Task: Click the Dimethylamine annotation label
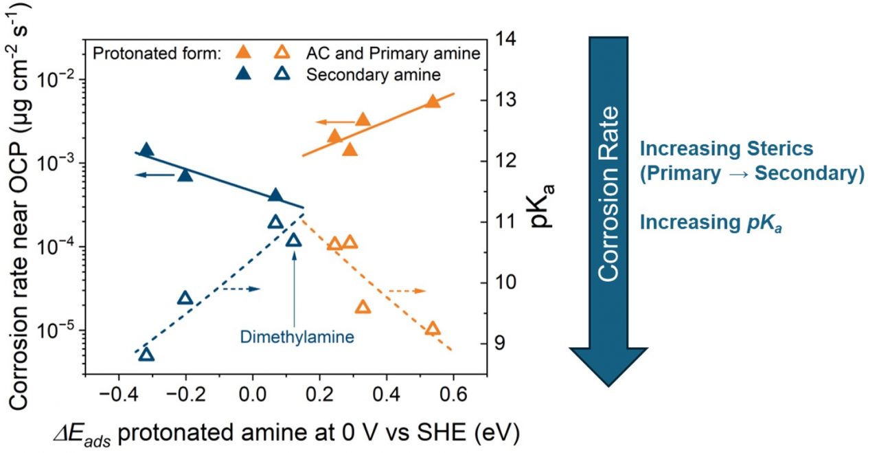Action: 297,337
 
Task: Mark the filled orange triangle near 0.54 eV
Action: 433,101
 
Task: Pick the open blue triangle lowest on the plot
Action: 146,355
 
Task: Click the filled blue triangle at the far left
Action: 146,150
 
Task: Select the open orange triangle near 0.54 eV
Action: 433,329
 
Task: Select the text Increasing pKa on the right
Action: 711,223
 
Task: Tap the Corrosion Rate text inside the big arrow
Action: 609,195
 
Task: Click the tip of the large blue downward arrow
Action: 609,384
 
